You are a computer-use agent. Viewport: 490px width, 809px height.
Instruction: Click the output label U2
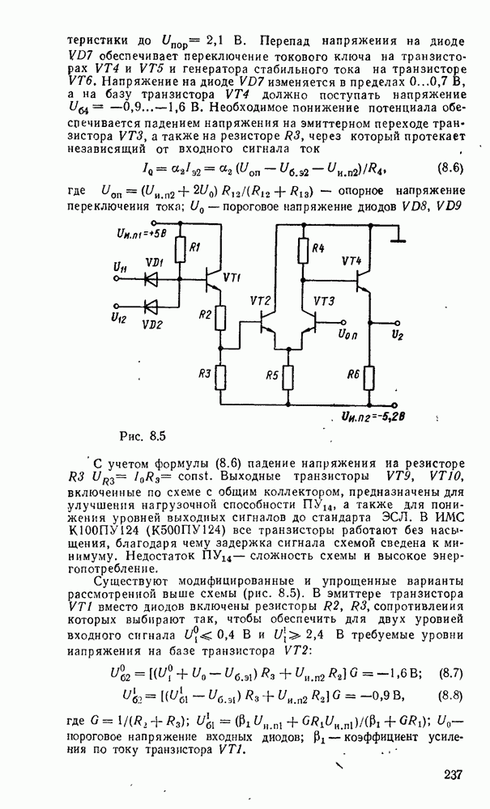pyautogui.click(x=396, y=334)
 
